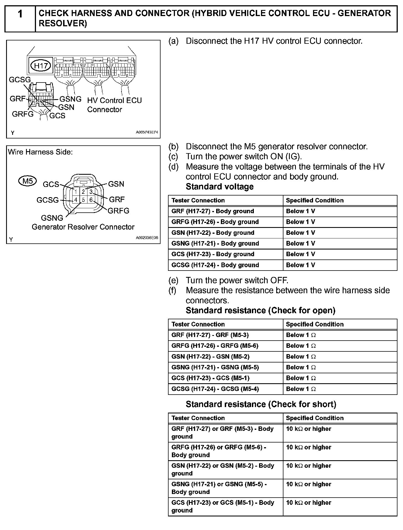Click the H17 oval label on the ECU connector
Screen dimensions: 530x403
point(41,66)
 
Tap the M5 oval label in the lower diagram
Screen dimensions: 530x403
point(27,181)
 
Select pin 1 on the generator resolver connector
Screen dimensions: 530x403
point(76,192)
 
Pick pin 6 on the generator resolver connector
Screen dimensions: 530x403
point(91,200)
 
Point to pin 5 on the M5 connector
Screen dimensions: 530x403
point(83,200)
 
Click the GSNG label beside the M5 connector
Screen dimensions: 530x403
point(52,218)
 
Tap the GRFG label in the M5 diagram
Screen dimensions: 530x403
point(118,211)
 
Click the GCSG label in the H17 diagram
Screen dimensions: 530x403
point(20,80)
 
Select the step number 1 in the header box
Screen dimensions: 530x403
point(20,14)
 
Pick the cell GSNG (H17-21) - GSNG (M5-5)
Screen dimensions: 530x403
point(215,367)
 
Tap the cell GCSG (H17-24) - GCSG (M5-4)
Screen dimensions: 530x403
point(215,389)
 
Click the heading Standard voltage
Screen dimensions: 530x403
point(219,187)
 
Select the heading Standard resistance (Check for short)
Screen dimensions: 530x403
point(261,404)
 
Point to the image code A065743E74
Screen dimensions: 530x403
point(147,132)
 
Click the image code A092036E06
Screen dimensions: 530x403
point(147,238)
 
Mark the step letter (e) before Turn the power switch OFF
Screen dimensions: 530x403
point(173,280)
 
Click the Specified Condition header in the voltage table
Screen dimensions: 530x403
point(315,200)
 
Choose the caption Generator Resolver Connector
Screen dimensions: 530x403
point(83,227)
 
